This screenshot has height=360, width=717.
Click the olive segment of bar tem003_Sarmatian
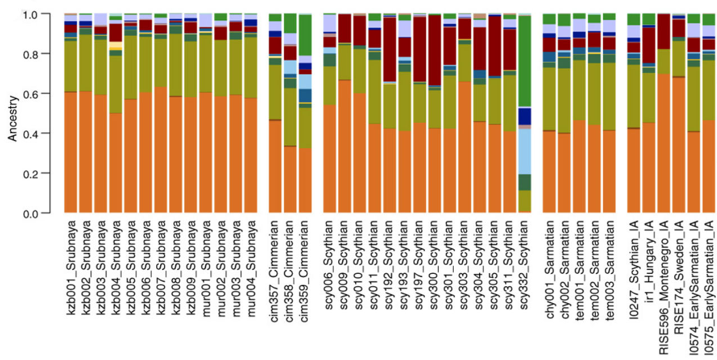coord(609,96)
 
